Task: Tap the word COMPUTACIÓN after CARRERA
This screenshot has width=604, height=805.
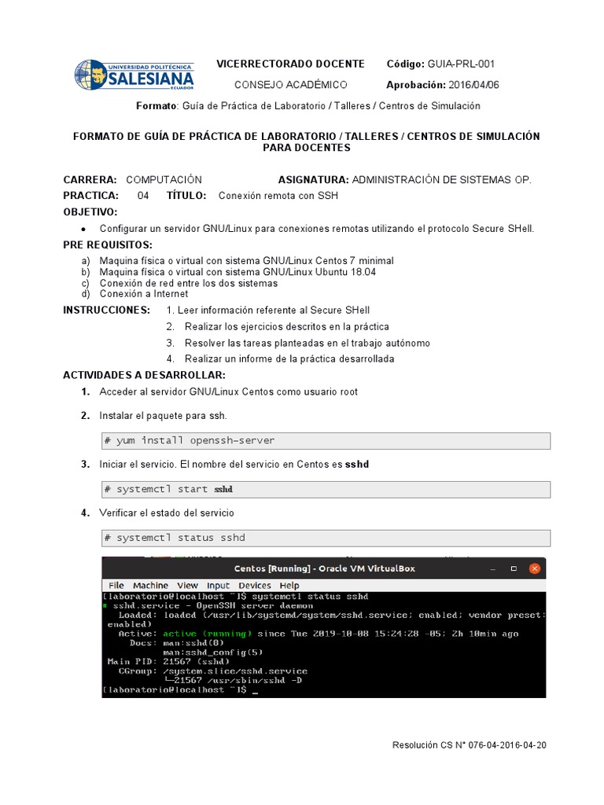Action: click(x=164, y=180)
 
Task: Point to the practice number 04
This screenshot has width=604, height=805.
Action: click(x=143, y=196)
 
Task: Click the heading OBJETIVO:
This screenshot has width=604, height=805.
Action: click(x=90, y=212)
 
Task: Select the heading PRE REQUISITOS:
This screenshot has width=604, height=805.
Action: click(x=108, y=244)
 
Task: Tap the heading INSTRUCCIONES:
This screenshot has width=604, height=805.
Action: click(x=106, y=310)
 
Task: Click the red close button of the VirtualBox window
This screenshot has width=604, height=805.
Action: click(x=535, y=568)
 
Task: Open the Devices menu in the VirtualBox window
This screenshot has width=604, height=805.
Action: click(x=254, y=586)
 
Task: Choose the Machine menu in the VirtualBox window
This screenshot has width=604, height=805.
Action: click(x=150, y=586)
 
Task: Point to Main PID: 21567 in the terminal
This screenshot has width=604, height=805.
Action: click(x=157, y=662)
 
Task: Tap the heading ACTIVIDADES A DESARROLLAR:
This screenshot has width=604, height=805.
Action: click(x=144, y=374)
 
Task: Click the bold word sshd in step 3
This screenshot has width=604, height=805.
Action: click(x=357, y=465)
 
